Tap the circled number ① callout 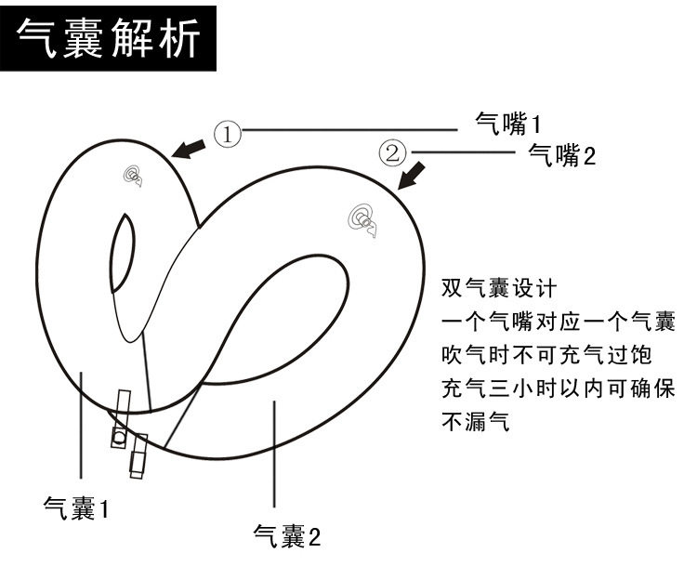pyautogui.click(x=228, y=135)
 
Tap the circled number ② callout pyautogui.click(x=392, y=151)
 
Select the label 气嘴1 pyautogui.click(x=507, y=123)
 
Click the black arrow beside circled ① pyautogui.click(x=191, y=147)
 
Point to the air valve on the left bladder pyautogui.click(x=133, y=176)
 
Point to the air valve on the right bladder pyautogui.click(x=362, y=219)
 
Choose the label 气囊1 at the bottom pyautogui.click(x=77, y=508)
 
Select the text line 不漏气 pyautogui.click(x=476, y=423)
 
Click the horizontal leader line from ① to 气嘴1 pyautogui.click(x=353, y=130)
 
